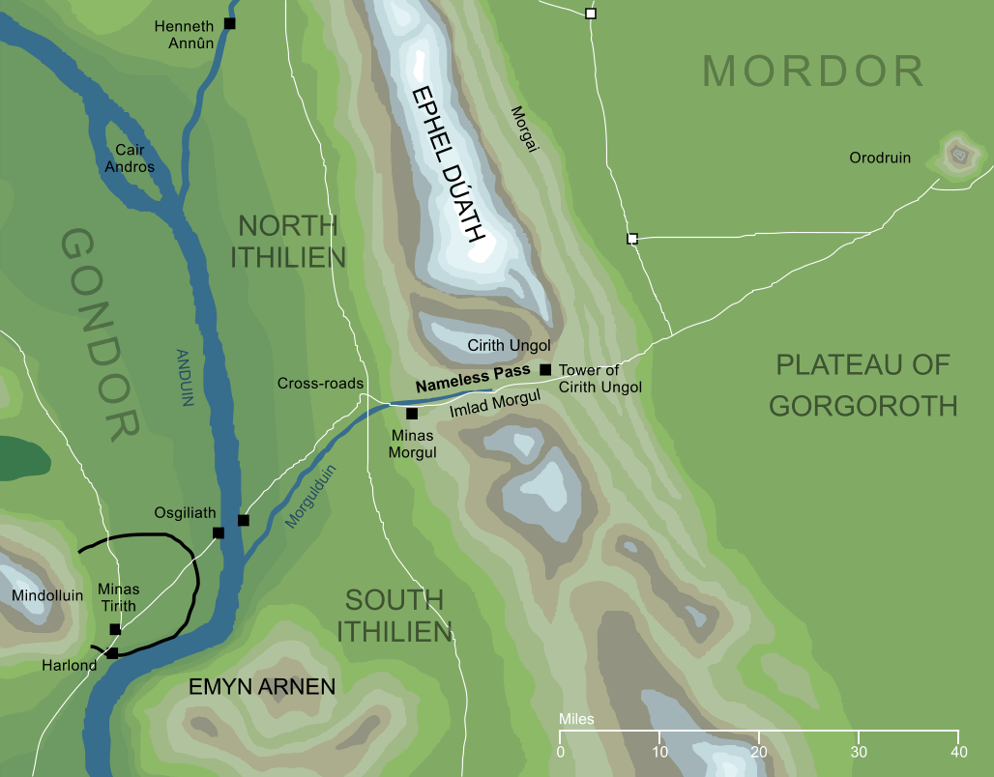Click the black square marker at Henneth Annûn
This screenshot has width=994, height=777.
[x=229, y=23]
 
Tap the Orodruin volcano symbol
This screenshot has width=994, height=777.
[x=958, y=154]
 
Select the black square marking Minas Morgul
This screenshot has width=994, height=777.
[x=411, y=414]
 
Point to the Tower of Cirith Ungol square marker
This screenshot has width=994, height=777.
[x=545, y=369]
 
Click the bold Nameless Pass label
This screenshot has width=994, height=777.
[x=473, y=377]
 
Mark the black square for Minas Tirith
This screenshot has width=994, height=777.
[x=115, y=629]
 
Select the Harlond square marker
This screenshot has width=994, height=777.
[x=112, y=653]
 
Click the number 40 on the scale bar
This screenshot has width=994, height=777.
[x=958, y=751]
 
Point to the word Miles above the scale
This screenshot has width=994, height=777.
[x=576, y=720]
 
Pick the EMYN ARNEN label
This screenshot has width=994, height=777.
[x=261, y=687]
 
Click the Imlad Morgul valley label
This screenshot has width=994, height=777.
[x=494, y=403]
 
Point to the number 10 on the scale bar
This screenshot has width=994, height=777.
[x=659, y=751]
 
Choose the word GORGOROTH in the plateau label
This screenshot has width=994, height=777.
[x=862, y=404]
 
